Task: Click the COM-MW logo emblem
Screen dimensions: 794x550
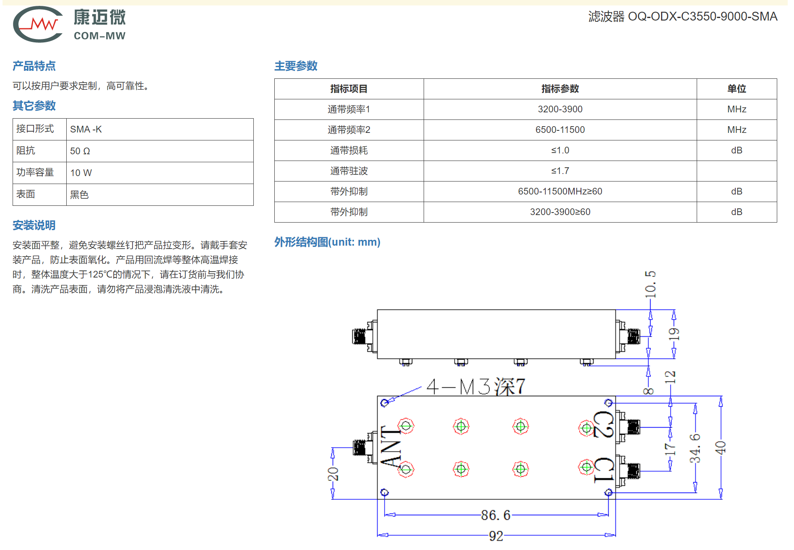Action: (x=38, y=24)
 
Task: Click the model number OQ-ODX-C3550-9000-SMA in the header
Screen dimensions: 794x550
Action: (x=703, y=16)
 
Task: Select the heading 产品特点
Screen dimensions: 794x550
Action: (x=34, y=66)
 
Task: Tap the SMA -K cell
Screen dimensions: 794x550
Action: (x=86, y=129)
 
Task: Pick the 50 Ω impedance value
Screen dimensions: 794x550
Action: (x=80, y=151)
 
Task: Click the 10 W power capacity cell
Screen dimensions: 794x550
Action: (x=81, y=173)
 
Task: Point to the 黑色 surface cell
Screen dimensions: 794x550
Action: (x=79, y=195)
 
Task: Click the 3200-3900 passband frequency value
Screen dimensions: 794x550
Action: (x=560, y=109)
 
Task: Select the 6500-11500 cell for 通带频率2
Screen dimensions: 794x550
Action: (x=560, y=130)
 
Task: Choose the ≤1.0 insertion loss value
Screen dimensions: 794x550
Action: (x=560, y=150)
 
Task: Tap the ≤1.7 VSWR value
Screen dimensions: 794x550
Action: (x=560, y=171)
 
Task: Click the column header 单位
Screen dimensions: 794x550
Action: (x=737, y=88)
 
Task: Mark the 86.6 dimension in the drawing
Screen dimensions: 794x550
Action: (x=496, y=515)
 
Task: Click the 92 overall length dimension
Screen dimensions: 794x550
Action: (x=496, y=536)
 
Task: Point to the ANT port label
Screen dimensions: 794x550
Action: (x=391, y=446)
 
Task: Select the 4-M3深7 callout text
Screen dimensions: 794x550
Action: (x=476, y=386)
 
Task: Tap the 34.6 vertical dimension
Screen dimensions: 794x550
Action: (x=695, y=448)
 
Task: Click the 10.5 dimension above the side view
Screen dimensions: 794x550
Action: (x=650, y=284)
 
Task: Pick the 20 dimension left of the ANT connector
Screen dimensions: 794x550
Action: (x=333, y=474)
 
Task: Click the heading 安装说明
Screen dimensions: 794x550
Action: (x=34, y=225)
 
